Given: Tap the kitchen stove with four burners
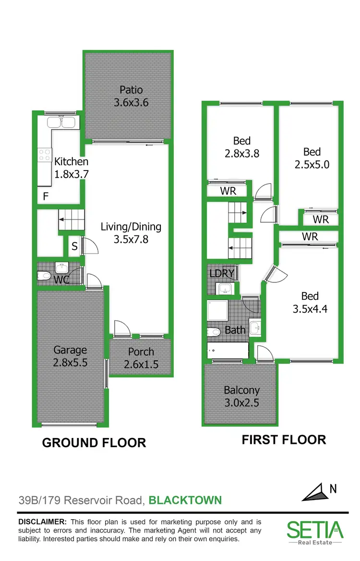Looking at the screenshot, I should point(45,155).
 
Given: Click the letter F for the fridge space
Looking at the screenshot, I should point(46,196).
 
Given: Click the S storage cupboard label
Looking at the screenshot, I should point(74,246).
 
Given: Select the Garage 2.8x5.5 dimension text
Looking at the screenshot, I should point(70,363).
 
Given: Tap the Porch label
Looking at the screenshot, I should point(141,352).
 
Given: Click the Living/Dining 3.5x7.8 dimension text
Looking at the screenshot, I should point(131,238).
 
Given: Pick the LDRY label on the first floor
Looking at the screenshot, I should point(222,274).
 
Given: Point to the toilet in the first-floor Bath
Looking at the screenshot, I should point(214,331).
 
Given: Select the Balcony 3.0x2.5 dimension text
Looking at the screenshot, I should point(241,402).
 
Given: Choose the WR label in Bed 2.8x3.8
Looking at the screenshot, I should point(228,191).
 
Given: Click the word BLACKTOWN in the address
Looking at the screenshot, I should point(185,500).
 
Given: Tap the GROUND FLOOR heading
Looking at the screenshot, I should point(94,442).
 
